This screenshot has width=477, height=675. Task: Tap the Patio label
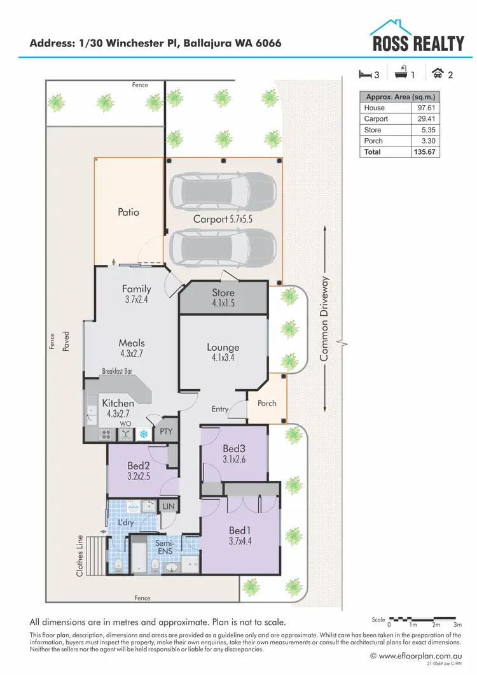click(x=128, y=212)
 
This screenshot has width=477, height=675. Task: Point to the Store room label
click(x=223, y=297)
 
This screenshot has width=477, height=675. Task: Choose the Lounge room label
click(x=223, y=352)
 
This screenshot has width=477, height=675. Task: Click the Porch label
click(x=266, y=403)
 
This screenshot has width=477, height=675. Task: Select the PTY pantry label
click(x=167, y=432)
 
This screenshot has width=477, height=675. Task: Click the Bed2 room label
click(x=138, y=470)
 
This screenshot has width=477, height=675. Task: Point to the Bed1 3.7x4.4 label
click(x=240, y=536)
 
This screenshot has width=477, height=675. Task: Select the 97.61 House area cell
click(x=425, y=108)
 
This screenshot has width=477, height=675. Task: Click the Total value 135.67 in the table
click(x=424, y=152)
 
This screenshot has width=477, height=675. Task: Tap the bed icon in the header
click(x=364, y=74)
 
